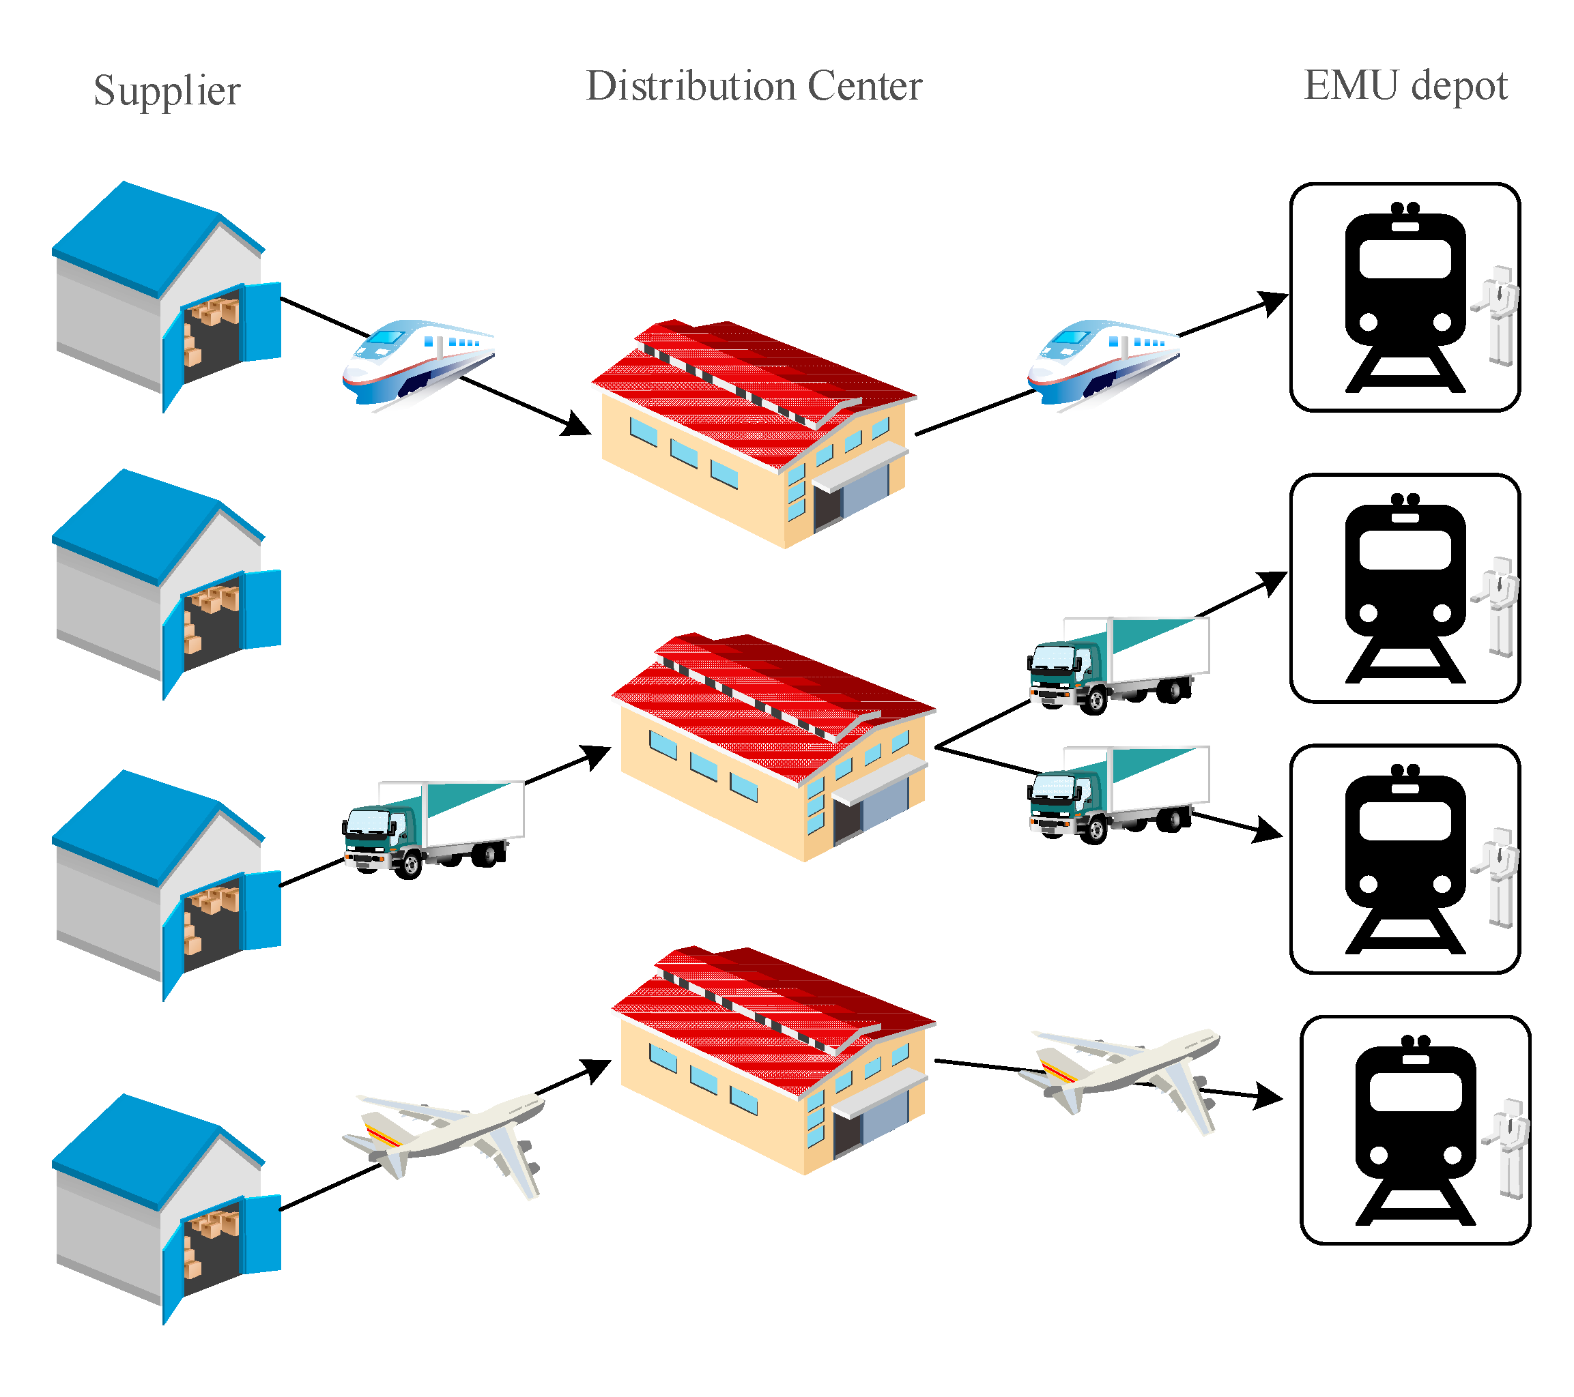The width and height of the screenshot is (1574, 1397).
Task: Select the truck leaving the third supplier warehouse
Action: click(433, 829)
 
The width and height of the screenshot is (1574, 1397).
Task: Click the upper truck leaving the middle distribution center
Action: click(1118, 665)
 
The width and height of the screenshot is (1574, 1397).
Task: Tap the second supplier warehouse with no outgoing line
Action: click(167, 584)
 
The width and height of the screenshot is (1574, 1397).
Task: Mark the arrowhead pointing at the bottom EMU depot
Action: click(1268, 1096)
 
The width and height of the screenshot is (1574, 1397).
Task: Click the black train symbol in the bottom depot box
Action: click(1416, 1130)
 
